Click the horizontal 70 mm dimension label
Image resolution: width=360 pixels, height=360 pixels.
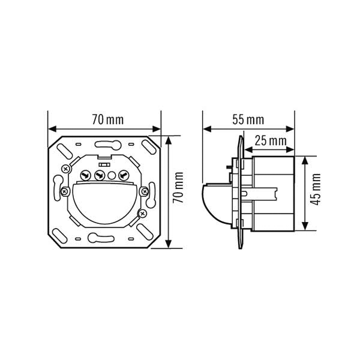(x=107, y=120)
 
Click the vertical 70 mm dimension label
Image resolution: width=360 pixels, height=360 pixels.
(x=178, y=187)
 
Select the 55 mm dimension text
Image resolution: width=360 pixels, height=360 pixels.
(x=248, y=120)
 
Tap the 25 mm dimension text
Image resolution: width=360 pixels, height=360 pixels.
(x=271, y=141)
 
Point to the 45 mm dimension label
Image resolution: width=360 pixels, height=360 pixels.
(x=315, y=190)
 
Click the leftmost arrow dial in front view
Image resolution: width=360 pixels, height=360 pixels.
(x=86, y=176)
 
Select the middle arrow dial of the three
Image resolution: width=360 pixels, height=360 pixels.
(x=100, y=176)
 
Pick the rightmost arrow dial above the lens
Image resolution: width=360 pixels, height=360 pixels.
(x=124, y=176)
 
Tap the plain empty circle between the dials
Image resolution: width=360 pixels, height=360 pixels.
(x=112, y=176)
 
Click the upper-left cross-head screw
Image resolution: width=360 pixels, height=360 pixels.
(x=66, y=169)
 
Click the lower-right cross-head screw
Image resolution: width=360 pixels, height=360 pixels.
(x=142, y=214)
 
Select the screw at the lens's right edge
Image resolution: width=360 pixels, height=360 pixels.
(x=144, y=191)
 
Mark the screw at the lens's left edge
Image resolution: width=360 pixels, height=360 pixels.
(x=65, y=191)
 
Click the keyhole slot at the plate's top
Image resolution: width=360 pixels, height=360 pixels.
(x=107, y=145)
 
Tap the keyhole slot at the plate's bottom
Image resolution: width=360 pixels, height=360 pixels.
(x=101, y=238)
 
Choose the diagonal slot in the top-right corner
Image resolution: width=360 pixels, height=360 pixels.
(x=149, y=147)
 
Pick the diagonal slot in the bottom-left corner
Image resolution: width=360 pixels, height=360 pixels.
(x=59, y=236)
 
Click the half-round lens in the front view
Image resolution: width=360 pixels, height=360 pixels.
(x=105, y=203)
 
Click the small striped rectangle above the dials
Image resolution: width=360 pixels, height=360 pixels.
(x=104, y=164)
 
